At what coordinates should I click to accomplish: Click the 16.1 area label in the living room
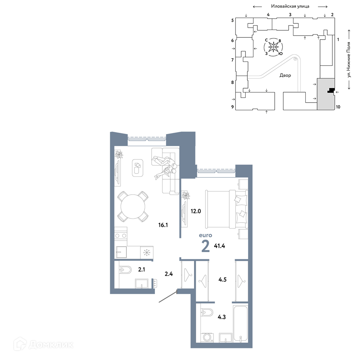[x=163, y=225]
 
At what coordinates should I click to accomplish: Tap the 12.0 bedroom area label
[x=195, y=211]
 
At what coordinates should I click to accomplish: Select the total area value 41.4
[x=220, y=246]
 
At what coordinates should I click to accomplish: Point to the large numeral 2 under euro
[x=206, y=246]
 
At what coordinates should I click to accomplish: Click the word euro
[x=206, y=235]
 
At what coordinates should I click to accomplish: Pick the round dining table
[x=133, y=206]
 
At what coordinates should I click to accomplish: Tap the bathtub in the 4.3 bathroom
[x=240, y=323]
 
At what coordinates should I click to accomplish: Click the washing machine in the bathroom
[x=208, y=337]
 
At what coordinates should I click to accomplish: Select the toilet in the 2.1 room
[x=125, y=270]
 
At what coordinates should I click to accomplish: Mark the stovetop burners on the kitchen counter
[x=121, y=235]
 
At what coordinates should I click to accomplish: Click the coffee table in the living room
[x=138, y=168]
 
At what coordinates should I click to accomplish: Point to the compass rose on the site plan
[x=274, y=47]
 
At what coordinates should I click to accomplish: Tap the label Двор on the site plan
[x=285, y=75]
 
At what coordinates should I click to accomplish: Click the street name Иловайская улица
[x=290, y=6]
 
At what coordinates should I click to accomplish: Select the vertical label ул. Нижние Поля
[x=349, y=59]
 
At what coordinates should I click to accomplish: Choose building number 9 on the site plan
[x=233, y=107]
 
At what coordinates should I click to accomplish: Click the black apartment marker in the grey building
[x=331, y=90]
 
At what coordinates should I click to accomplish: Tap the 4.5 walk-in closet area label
[x=222, y=279]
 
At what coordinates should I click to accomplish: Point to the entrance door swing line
[x=168, y=296]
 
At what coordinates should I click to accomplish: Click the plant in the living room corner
[x=119, y=154]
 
